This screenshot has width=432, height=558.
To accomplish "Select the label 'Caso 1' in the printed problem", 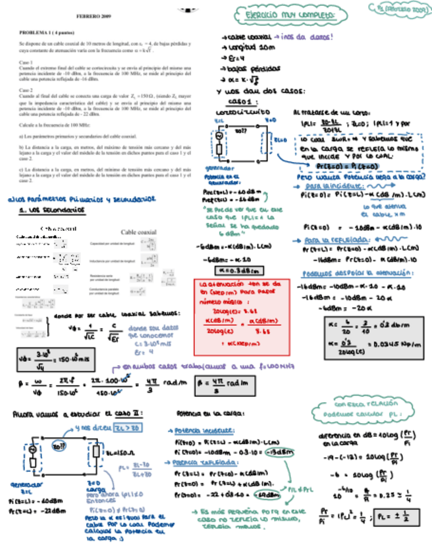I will pyautogui.click(x=26, y=63).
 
